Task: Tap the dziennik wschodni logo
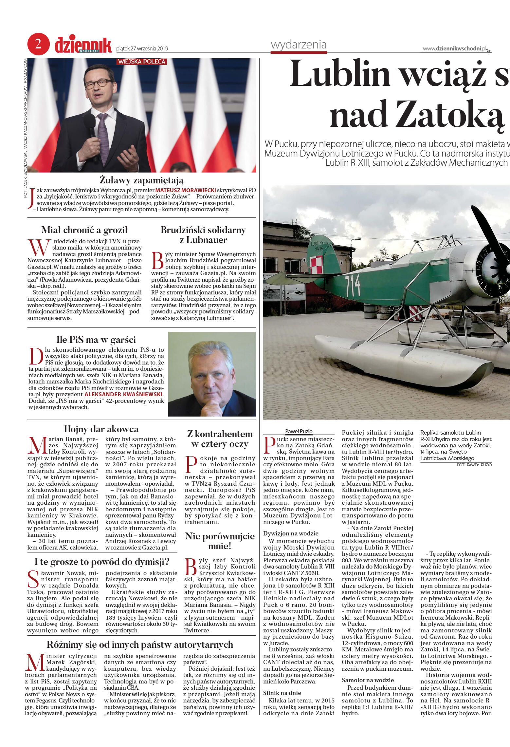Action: [x=83, y=45]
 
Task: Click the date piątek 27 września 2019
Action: [x=142, y=49]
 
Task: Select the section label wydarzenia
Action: [x=299, y=45]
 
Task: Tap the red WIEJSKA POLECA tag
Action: [x=142, y=62]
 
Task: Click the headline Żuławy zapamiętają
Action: [x=141, y=180]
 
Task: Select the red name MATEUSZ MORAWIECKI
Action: [x=185, y=190]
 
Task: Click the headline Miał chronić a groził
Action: [x=84, y=230]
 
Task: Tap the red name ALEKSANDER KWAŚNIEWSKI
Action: [x=123, y=394]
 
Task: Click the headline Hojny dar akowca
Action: [x=101, y=429]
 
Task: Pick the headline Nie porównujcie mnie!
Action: [x=219, y=541]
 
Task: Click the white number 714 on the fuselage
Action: [x=353, y=285]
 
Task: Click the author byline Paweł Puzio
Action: [x=299, y=431]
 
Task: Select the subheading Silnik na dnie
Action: [x=282, y=693]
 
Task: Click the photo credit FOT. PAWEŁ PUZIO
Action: [x=474, y=465]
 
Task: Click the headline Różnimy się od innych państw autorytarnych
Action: [x=140, y=644]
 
